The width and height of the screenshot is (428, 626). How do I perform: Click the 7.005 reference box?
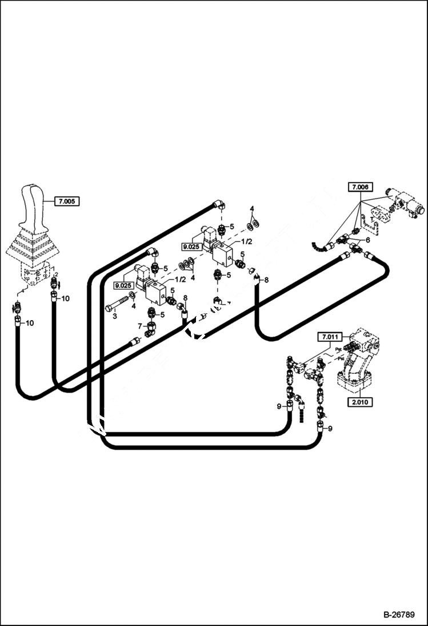[x=67, y=201]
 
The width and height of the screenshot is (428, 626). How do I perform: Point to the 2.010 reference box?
[x=359, y=402]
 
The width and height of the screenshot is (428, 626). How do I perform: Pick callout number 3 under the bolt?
[x=114, y=316]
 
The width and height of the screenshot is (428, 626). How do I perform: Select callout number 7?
[x=139, y=325]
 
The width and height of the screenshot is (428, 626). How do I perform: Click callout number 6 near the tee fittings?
[x=367, y=240]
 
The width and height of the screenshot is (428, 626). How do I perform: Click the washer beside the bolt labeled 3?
[x=133, y=295]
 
